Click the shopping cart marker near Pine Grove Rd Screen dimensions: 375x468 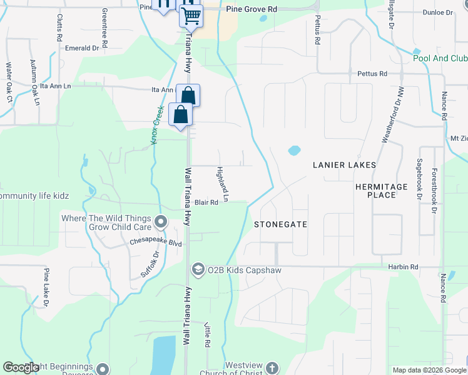191,16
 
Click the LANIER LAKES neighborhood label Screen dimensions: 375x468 345,165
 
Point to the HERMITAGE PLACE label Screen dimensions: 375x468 381,191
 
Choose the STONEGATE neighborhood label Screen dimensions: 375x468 280,224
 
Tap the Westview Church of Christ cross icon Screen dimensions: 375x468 272,368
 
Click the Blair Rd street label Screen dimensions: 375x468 206,202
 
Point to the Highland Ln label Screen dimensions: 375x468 223,184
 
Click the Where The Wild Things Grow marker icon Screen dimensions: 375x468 161,222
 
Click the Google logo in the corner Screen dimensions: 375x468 22,368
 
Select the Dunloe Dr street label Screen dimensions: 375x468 437,12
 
